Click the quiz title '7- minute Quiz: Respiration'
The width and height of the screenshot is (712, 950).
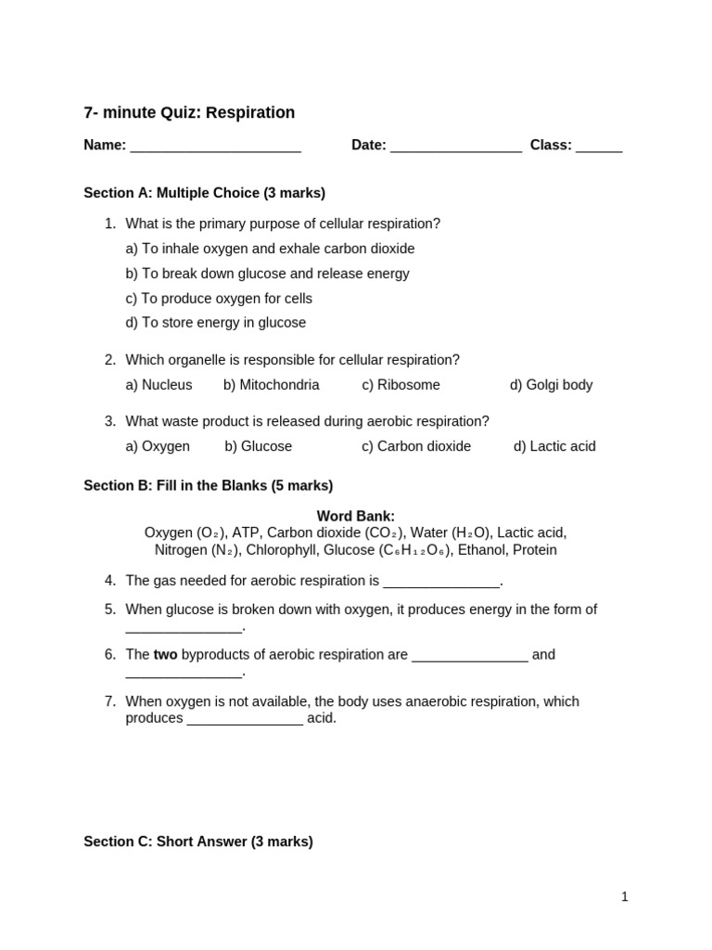pyautogui.click(x=189, y=113)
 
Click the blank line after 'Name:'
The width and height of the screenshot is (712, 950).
pyautogui.click(x=215, y=147)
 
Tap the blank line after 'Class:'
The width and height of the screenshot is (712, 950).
pyautogui.click(x=599, y=147)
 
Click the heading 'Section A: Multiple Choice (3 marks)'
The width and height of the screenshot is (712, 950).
pyautogui.click(x=204, y=193)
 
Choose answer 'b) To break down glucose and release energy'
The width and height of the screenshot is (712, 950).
pyautogui.click(x=267, y=274)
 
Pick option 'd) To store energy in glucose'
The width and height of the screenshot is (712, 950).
pyautogui.click(x=215, y=323)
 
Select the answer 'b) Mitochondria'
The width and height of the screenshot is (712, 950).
pyautogui.click(x=271, y=385)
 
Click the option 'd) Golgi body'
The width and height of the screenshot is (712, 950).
pyautogui.click(x=551, y=385)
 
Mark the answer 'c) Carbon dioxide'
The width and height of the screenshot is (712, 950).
pyautogui.click(x=416, y=446)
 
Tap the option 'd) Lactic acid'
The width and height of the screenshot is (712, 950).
pyautogui.click(x=554, y=446)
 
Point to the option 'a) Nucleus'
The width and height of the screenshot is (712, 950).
pyautogui.click(x=159, y=385)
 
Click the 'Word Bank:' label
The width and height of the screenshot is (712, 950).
pyautogui.click(x=356, y=516)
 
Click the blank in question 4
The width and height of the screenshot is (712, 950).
pyautogui.click(x=441, y=583)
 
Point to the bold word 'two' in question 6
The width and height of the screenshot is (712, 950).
pyautogui.click(x=165, y=655)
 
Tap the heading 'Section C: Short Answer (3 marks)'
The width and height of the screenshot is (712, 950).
pyautogui.click(x=198, y=841)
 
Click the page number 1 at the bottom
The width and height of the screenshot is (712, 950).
pyautogui.click(x=625, y=896)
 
